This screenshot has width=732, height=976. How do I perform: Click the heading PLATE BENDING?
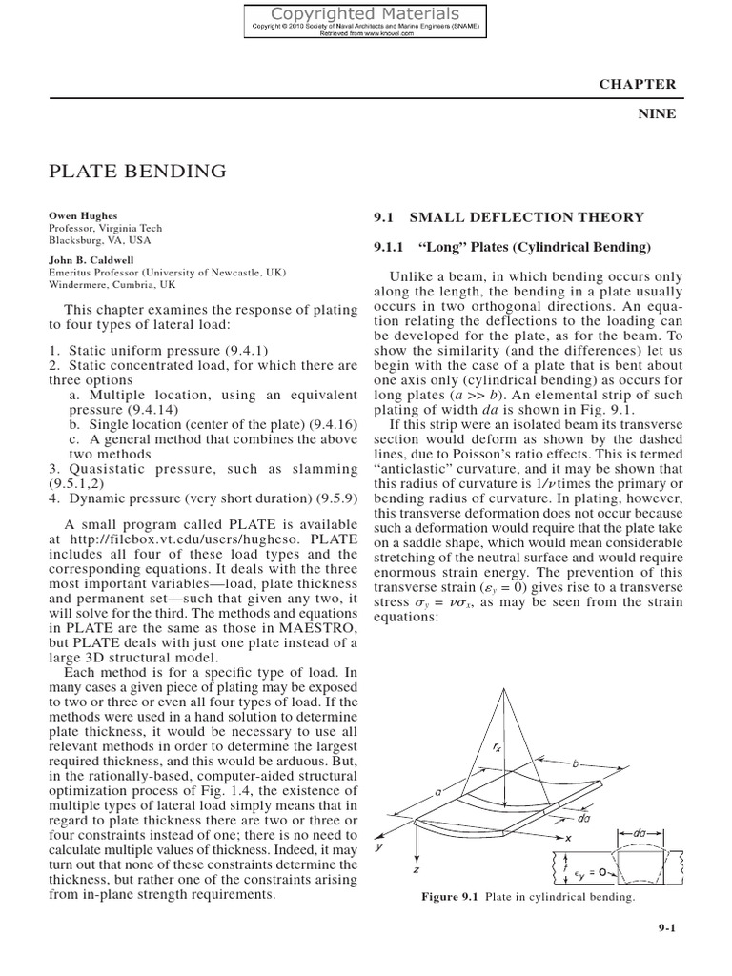[137, 172]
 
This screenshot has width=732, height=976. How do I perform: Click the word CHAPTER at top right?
[637, 84]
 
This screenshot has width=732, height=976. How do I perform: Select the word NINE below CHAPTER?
[656, 113]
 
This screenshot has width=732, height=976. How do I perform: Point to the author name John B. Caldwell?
[91, 258]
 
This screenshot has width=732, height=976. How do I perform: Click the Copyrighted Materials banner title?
[366, 13]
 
